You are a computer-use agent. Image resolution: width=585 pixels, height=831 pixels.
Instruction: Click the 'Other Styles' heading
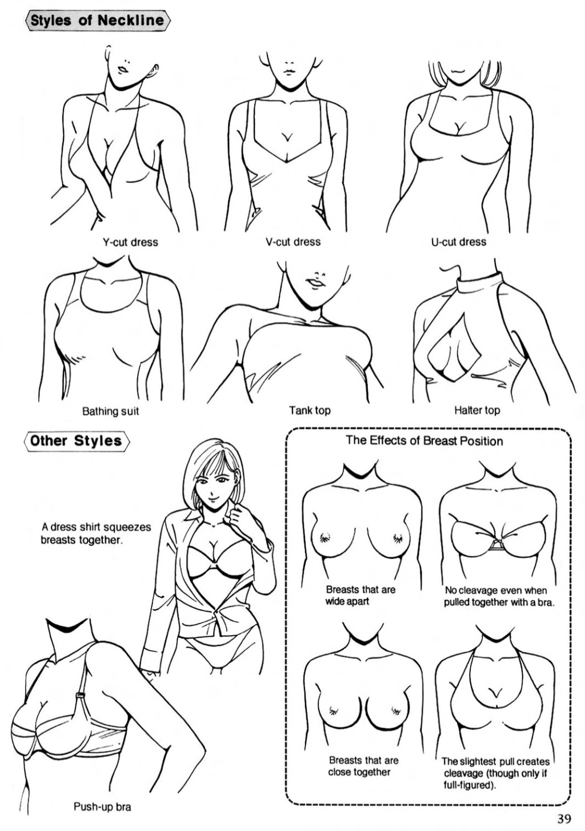pos(76,441)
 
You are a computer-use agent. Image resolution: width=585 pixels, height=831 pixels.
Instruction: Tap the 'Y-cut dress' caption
pos(130,242)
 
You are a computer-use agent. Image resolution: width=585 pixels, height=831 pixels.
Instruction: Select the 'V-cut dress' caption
pos(293,242)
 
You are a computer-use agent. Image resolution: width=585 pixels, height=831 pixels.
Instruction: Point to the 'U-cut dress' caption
pos(458,242)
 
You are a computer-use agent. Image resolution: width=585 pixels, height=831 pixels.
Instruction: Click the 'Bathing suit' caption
pos(111,411)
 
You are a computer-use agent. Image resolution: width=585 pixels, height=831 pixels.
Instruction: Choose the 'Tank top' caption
pos(310,410)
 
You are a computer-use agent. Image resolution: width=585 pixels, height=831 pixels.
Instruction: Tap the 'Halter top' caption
pos(476,410)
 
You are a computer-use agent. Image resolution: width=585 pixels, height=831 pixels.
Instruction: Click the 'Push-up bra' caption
pos(102,807)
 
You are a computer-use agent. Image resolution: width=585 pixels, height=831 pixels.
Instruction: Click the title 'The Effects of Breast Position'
pos(424,441)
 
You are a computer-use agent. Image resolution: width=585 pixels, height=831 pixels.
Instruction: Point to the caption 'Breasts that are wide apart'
pos(360,595)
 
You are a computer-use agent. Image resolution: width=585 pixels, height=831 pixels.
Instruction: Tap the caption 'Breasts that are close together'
pos(363,766)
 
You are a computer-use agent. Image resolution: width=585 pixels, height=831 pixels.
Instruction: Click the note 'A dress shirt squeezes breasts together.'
pos(96,533)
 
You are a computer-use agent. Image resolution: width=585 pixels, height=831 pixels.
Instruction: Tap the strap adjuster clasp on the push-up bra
pos(80,696)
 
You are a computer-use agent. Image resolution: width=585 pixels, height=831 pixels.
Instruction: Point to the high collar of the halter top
pos(479,283)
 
